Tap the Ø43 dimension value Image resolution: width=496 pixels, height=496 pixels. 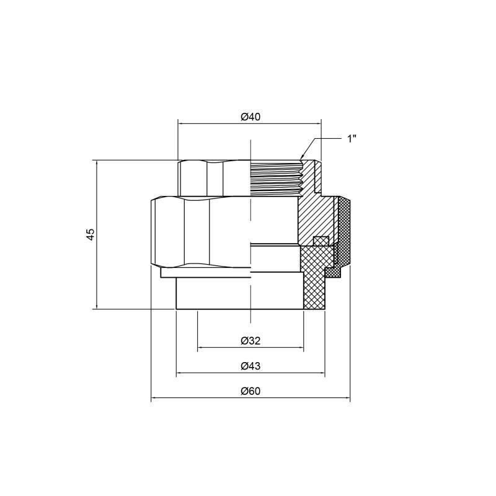click(x=250, y=365)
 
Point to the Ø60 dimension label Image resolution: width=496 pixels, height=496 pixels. click(x=250, y=391)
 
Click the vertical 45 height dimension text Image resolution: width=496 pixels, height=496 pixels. click(x=91, y=234)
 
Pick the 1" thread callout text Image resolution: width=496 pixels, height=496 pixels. click(x=352, y=138)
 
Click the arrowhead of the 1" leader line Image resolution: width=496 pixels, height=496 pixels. click(x=302, y=157)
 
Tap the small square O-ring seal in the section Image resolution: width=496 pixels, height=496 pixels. click(x=320, y=241)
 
